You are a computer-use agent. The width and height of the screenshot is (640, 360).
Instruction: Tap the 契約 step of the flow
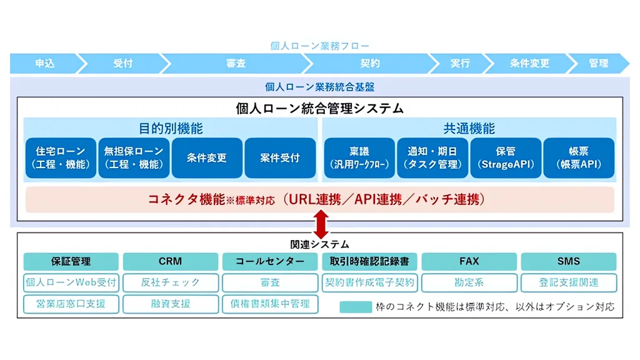pyautogui.click(x=370, y=64)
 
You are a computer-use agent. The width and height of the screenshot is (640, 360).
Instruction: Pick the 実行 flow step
pyautogui.click(x=459, y=64)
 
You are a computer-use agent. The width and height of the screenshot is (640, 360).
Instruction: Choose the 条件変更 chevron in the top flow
pyautogui.click(x=529, y=64)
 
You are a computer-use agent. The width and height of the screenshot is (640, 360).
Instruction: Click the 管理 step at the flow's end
pyautogui.click(x=598, y=64)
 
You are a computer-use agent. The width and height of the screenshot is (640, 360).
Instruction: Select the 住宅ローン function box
pyautogui.click(x=61, y=158)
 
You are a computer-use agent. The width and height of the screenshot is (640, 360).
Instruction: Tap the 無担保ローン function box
pyautogui.click(x=134, y=158)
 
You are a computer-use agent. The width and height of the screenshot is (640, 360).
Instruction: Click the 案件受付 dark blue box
pyautogui.click(x=279, y=158)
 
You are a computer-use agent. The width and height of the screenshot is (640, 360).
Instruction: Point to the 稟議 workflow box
pyautogui.click(x=359, y=158)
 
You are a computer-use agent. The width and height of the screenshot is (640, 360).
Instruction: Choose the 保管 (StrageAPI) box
pyautogui.click(x=506, y=158)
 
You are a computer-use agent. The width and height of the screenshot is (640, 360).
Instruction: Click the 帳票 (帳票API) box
pyautogui.click(x=579, y=158)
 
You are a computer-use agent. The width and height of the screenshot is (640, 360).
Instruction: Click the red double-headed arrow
pyautogui.click(x=320, y=223)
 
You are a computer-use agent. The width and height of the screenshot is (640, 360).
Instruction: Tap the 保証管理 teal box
pyautogui.click(x=71, y=261)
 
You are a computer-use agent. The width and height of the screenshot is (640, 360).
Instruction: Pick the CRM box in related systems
pyautogui.click(x=170, y=261)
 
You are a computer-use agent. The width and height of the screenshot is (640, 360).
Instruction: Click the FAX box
pyautogui.click(x=469, y=261)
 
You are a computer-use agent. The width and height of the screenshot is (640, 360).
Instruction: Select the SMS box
pyautogui.click(x=568, y=261)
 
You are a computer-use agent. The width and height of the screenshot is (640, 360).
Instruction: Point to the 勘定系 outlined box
pyautogui.click(x=469, y=282)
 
